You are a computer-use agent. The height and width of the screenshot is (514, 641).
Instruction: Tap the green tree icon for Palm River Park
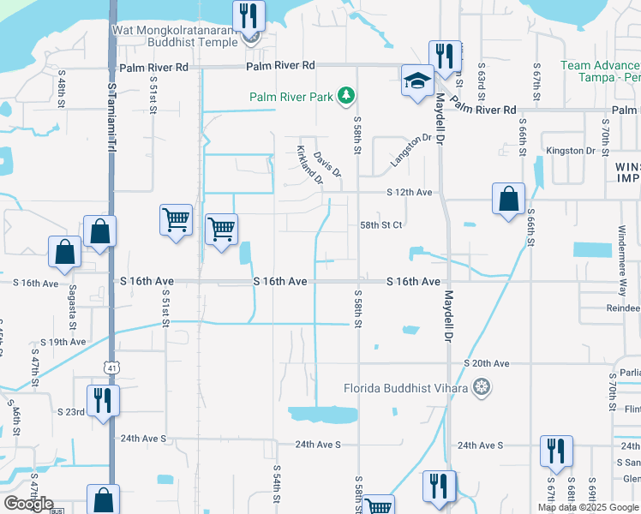[x=346, y=96]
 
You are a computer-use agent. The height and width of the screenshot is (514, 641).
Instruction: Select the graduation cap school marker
[x=417, y=81]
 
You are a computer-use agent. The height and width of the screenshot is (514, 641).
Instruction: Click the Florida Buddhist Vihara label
[x=405, y=388]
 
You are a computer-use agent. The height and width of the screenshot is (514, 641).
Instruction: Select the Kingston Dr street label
[x=571, y=151]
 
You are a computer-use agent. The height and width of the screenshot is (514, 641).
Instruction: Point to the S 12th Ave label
[x=410, y=193]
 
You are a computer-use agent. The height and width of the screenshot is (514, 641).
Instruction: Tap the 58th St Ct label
[x=380, y=224]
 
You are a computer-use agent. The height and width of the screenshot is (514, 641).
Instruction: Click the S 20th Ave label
[x=487, y=363]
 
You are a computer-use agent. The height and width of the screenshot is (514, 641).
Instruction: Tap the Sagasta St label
[x=75, y=312]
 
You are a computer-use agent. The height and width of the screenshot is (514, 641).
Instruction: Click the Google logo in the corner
[x=28, y=504]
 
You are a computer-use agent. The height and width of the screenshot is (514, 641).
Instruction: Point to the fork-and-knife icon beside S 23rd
[x=102, y=401]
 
